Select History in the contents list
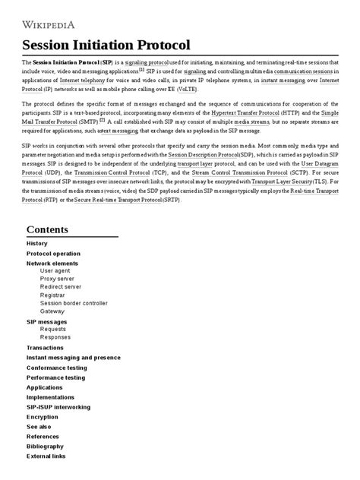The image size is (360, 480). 38,243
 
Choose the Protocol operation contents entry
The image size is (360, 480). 53,253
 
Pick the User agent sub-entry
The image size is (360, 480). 55,270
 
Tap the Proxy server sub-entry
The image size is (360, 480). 58,279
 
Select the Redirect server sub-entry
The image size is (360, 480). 60,287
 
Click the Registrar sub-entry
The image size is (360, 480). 54,295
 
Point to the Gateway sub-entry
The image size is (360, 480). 52,311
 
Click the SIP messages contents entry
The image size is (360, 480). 47,321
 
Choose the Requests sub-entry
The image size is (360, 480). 54,329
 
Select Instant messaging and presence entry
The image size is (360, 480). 74,357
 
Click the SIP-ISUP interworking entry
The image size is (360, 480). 58,406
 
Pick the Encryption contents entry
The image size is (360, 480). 43,416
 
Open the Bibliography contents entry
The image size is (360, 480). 46,446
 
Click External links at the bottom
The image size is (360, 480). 46,456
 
